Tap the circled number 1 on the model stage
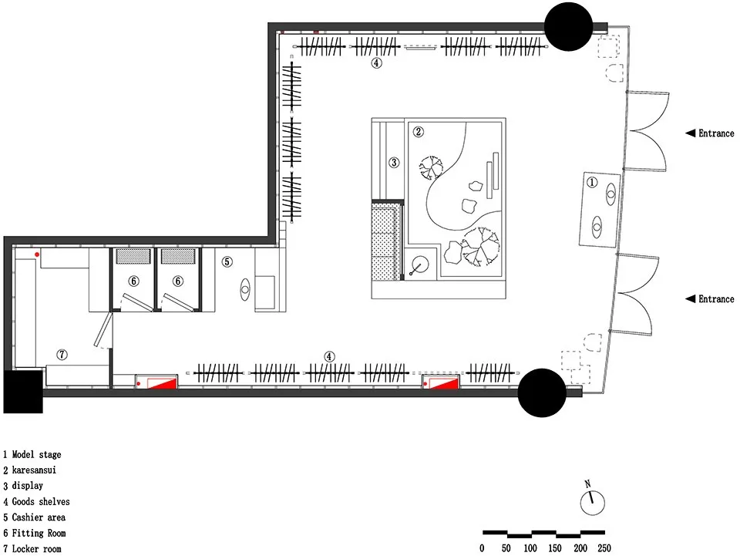tap(592, 183)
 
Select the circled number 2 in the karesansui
tap(419, 132)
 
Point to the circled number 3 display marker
tap(394, 162)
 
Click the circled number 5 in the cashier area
tap(227, 261)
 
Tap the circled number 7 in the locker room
tap(62, 355)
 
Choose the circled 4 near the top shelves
tap(376, 63)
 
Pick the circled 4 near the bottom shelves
tap(330, 356)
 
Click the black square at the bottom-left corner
tap(22, 392)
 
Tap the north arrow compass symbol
tap(592, 501)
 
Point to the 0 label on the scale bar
tap(483, 548)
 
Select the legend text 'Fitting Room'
tap(49, 533)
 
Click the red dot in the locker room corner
tap(36, 254)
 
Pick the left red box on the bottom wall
tap(157, 382)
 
